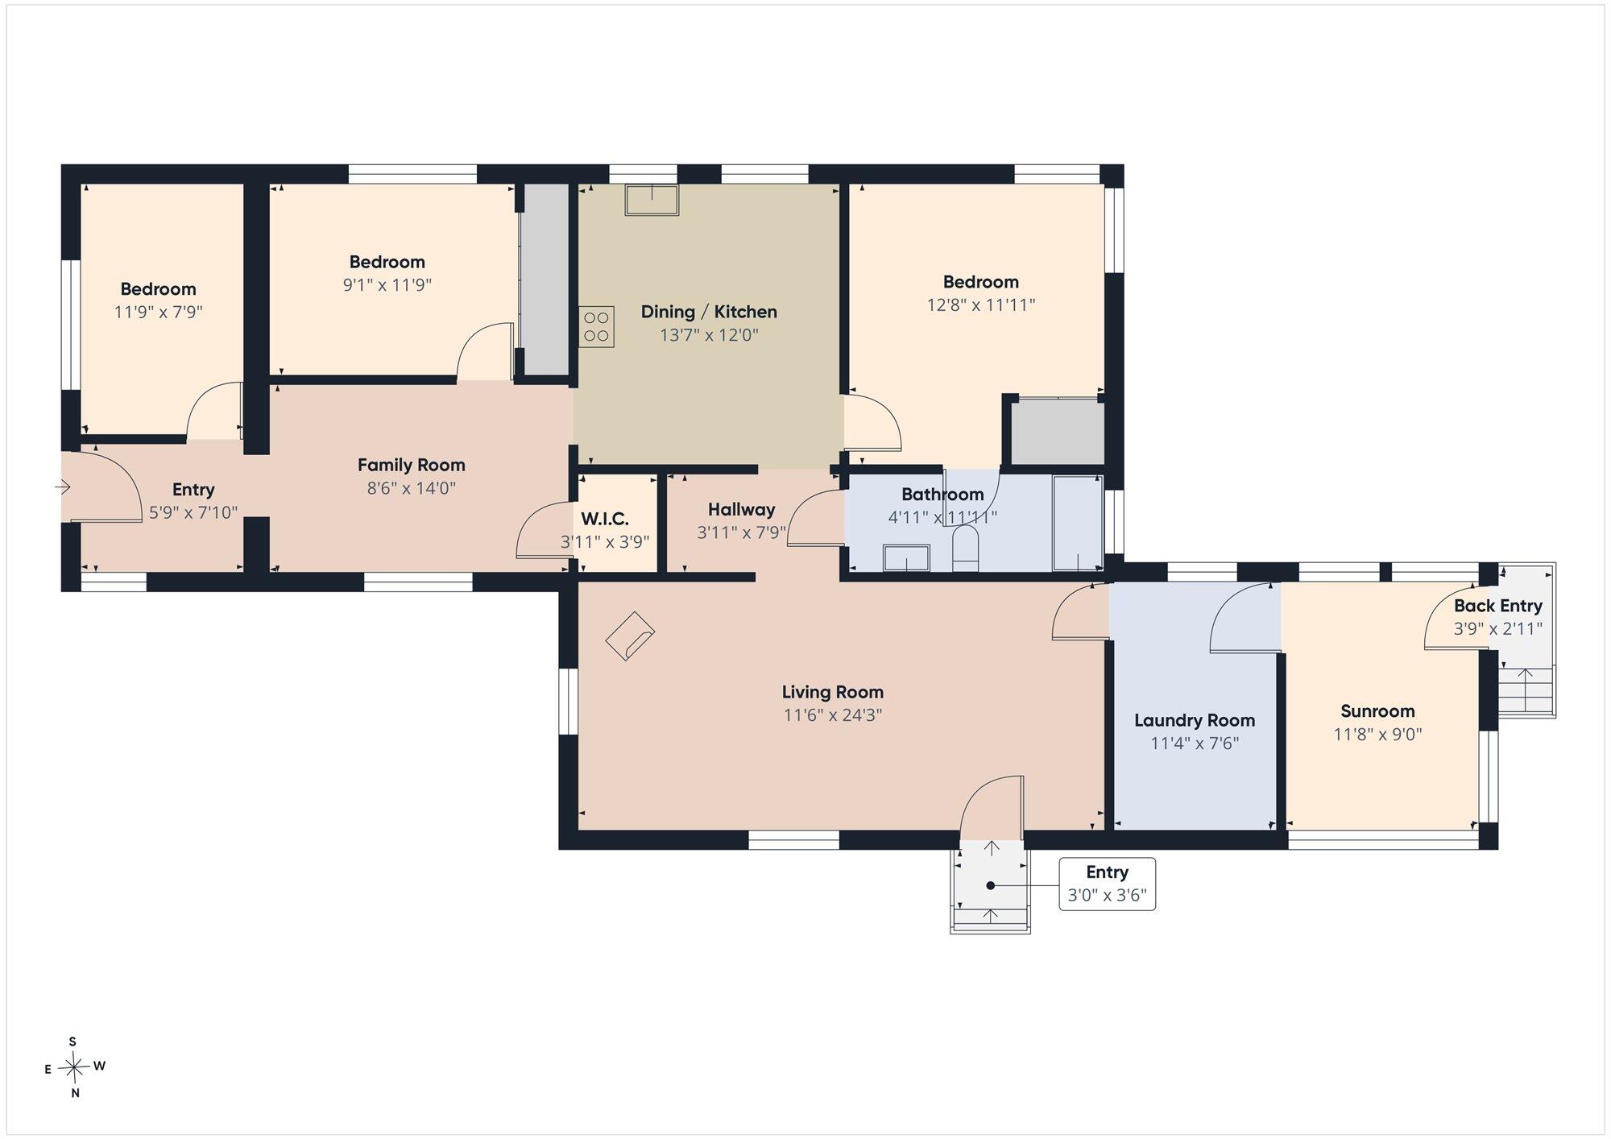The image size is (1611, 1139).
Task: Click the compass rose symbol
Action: [75, 1068]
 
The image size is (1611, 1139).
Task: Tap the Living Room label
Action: [832, 692]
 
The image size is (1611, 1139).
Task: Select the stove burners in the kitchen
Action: [596, 326]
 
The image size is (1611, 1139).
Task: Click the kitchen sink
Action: [652, 200]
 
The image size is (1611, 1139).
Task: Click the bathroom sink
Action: [906, 557]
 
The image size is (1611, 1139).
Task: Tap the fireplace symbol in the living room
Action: [630, 636]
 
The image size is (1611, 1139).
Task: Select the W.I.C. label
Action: [605, 520]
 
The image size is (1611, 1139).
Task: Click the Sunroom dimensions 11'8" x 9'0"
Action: [1377, 734]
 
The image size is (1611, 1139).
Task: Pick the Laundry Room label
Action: [1195, 720]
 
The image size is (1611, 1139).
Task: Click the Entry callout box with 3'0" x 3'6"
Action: [1107, 884]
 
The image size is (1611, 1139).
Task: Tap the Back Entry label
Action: [1497, 606]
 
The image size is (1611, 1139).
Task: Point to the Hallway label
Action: [741, 509]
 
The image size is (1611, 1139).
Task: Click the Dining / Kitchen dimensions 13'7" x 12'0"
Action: [709, 334]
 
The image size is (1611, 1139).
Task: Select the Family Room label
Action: [411, 465]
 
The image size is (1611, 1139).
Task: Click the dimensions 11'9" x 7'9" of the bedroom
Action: [158, 312]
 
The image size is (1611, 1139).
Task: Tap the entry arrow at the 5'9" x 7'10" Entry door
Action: [63, 487]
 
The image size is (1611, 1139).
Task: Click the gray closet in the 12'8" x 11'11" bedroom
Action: [1058, 433]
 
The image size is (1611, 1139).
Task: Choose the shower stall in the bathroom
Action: [1078, 523]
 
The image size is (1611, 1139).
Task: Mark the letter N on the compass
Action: [75, 1093]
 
